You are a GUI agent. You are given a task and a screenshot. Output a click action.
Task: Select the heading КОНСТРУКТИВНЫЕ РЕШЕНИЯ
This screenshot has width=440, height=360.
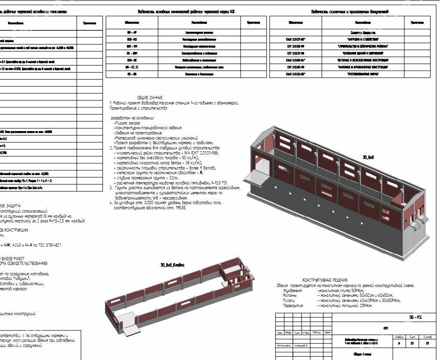(324, 280)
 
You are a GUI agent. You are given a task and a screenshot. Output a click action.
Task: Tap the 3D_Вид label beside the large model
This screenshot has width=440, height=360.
(368, 157)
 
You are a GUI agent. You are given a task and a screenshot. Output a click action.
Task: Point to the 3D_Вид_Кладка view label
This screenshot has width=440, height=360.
(172, 264)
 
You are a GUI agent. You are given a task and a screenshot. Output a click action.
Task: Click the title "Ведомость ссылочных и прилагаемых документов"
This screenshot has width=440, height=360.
(350, 11)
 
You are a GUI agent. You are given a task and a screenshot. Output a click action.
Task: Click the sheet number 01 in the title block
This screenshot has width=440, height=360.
(412, 343)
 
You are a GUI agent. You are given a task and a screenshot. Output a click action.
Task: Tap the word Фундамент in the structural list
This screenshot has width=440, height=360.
(293, 291)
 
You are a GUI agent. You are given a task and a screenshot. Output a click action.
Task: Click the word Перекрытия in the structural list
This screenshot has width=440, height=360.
(293, 305)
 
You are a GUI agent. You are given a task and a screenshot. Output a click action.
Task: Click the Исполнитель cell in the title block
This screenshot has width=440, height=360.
(284, 347)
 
